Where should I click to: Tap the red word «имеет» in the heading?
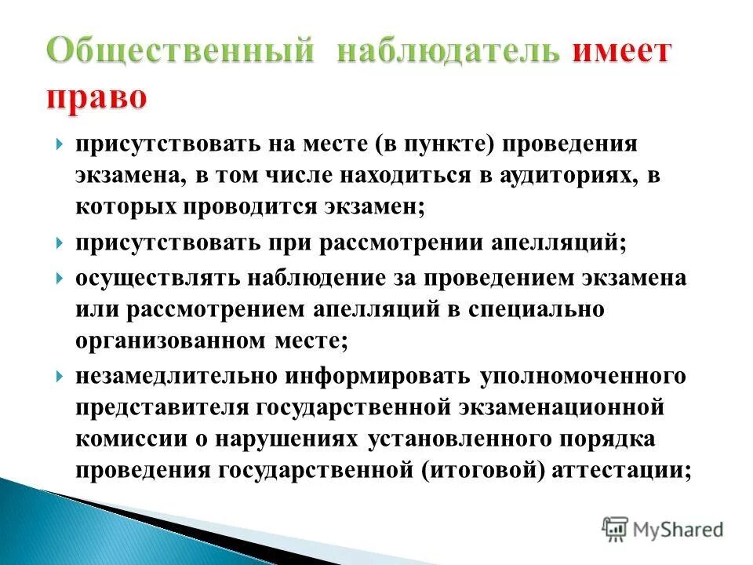point(622,53)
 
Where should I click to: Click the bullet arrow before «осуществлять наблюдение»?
point(61,279)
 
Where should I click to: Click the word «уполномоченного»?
point(584,377)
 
